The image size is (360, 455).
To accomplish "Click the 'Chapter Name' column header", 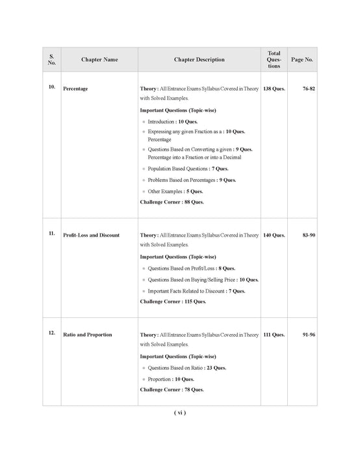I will [99, 60].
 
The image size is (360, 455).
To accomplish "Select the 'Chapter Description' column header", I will [199, 60].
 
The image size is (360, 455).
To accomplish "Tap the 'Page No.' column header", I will [302, 60].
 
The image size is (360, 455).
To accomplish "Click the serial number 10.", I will [52, 86].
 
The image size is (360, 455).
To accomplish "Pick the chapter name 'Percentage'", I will [75, 88].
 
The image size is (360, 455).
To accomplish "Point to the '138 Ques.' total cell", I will [274, 88].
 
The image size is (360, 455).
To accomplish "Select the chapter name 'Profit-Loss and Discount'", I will [91, 235].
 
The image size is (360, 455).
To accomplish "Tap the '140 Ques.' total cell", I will [274, 235].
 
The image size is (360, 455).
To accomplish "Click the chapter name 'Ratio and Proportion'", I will [87, 335].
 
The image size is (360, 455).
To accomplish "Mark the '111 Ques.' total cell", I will [274, 335].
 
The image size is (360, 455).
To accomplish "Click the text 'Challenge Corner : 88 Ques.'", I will [172, 202].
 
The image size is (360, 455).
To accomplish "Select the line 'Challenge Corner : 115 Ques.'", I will [173, 302].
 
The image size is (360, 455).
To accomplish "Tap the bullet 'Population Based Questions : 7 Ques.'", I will [185, 168].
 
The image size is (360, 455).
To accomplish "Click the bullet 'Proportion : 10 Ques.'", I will [170, 379].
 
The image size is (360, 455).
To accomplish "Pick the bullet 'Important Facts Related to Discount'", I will [196, 291].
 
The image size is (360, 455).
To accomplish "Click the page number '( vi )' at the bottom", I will [180, 413].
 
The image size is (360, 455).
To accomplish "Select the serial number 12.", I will [52, 333].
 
